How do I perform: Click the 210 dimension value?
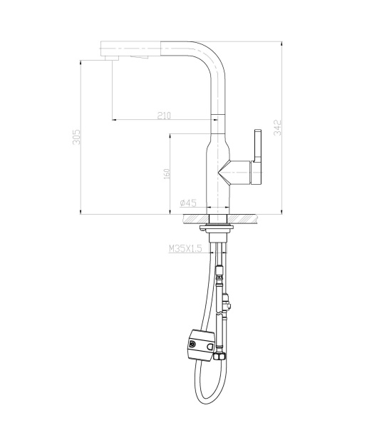pos(165,115)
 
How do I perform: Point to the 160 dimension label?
pos(166,174)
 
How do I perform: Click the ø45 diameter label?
pos(188,203)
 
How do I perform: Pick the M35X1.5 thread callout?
pos(186,249)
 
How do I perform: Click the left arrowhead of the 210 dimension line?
pos(113,119)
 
